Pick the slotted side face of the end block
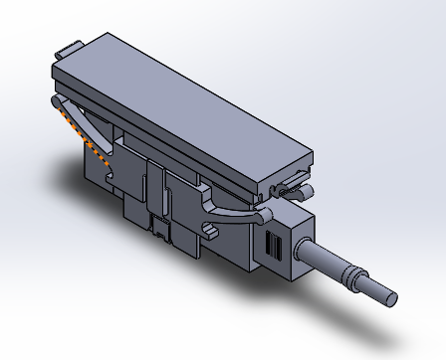[272, 247]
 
